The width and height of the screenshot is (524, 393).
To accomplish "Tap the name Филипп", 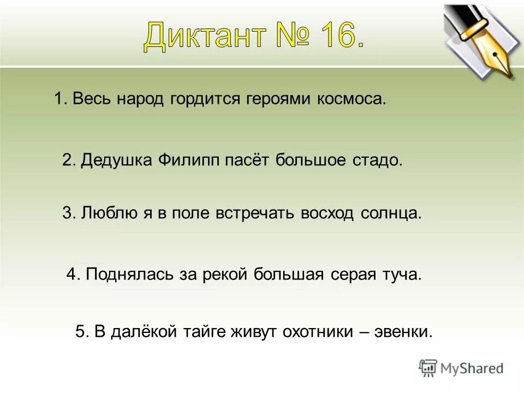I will (x=188, y=160).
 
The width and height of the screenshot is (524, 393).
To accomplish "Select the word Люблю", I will (x=108, y=213).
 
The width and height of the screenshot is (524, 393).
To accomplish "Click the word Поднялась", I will (x=130, y=274).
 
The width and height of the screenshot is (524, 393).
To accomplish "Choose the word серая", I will (x=353, y=274).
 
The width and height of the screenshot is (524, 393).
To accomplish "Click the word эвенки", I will (x=403, y=332).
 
